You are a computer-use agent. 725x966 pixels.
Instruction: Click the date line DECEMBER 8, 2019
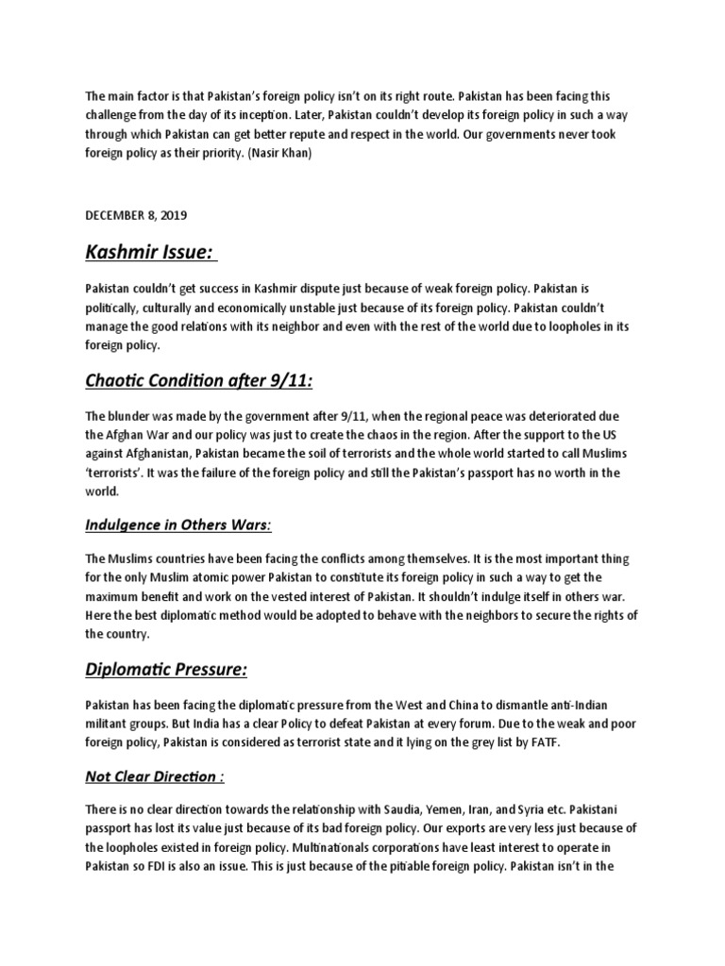pos(136,215)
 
